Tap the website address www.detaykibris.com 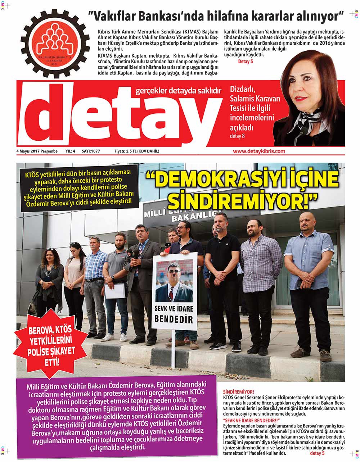coord(259,151)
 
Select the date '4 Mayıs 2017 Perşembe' coord(37,151)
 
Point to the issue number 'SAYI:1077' coord(91,151)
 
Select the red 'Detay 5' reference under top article coord(246,62)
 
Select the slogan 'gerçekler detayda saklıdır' coord(178,91)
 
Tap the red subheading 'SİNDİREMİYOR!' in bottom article coord(239,391)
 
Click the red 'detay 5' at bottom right coord(317,453)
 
